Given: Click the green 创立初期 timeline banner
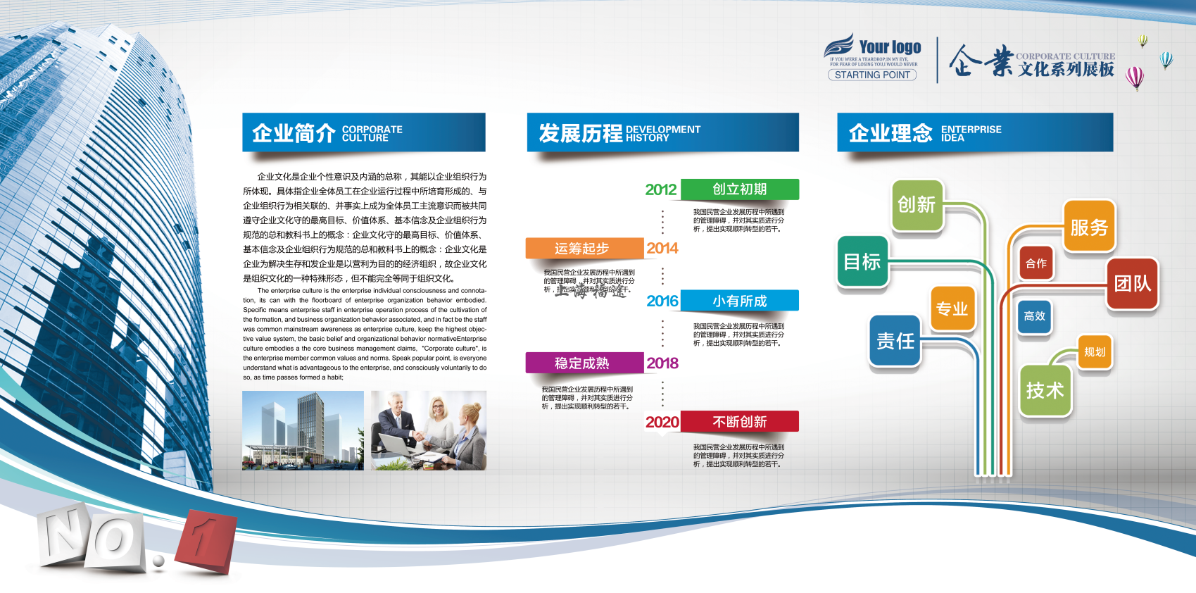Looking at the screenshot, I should (739, 189).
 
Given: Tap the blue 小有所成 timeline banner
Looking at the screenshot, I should (739, 301).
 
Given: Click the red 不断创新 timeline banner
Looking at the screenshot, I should (739, 422).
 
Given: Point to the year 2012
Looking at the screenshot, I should (660, 189).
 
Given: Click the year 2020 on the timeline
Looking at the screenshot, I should (662, 422).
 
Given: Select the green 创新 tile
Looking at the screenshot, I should (917, 205).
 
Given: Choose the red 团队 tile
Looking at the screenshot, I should (1132, 284).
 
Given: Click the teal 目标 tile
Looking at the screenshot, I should (862, 262).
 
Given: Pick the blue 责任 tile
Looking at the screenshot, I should (895, 342).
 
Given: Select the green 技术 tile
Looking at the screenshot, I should (1045, 390).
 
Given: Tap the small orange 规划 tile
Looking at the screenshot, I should (1095, 352).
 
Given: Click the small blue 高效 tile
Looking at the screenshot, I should (1034, 317).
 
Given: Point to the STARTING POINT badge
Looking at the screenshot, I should (872, 75).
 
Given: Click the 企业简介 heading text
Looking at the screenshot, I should (294, 132).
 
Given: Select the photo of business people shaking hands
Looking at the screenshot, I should (428, 430).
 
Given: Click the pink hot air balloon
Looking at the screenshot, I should (1134, 77).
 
